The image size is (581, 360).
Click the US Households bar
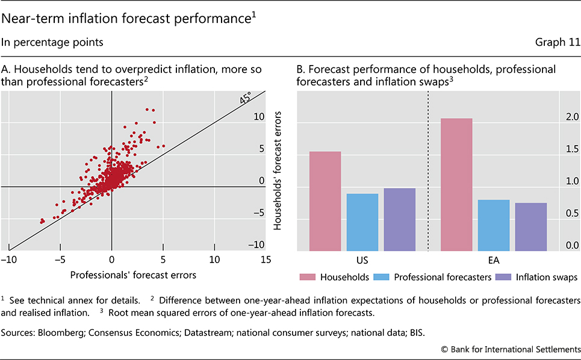pos(325,201)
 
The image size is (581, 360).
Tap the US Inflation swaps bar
pos(400,219)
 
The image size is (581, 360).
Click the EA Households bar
pos(456,184)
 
